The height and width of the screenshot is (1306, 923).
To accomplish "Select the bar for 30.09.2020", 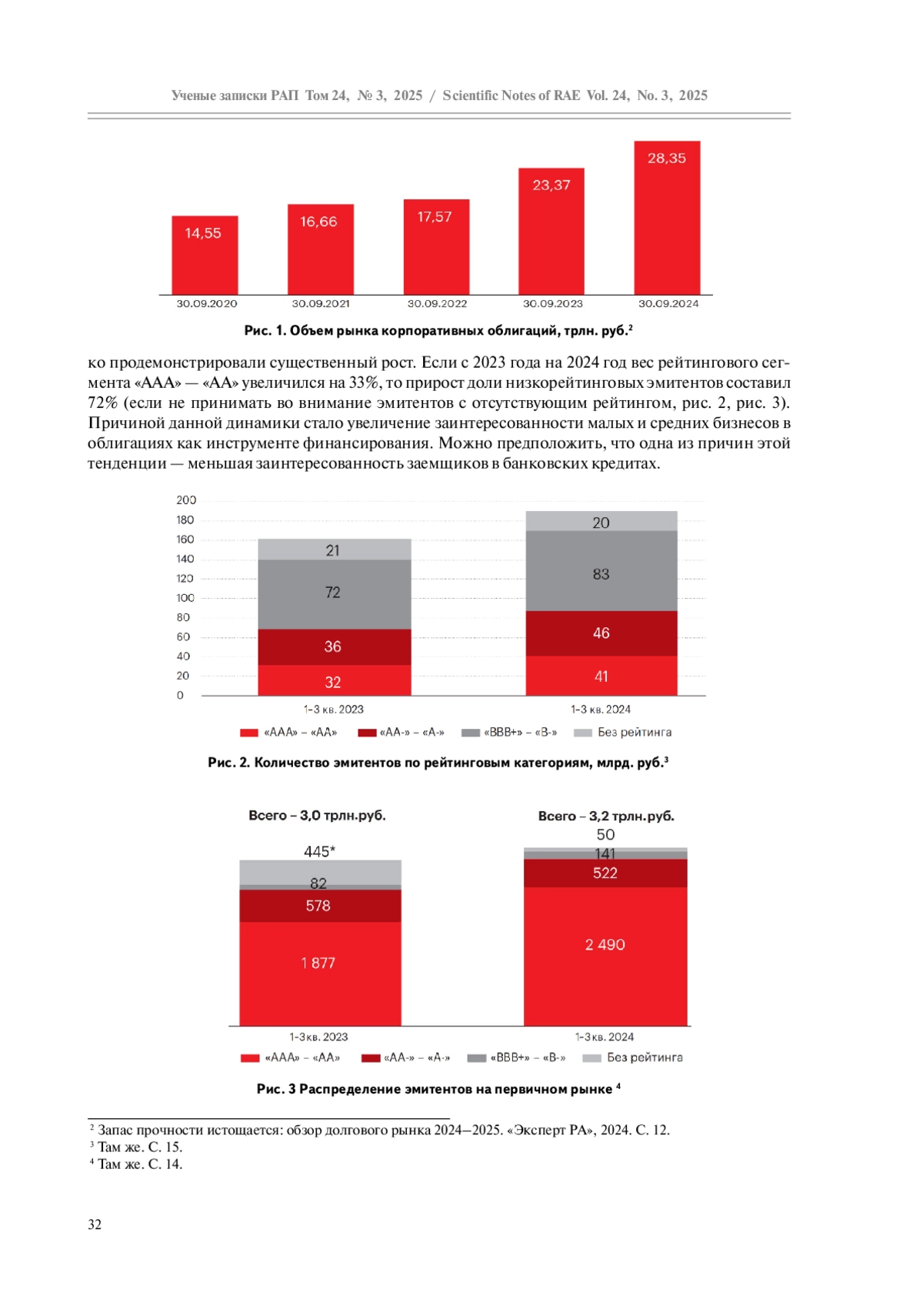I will point(205,256).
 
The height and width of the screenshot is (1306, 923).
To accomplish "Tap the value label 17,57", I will point(435,217).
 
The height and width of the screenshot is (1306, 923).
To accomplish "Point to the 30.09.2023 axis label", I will point(552,304).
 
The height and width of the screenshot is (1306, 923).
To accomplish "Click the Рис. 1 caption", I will point(438,331).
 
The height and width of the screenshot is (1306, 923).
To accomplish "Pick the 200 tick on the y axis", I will point(186,500).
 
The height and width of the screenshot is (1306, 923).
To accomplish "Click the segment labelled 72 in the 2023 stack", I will point(334,593).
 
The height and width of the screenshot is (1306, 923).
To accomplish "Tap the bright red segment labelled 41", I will point(601,676).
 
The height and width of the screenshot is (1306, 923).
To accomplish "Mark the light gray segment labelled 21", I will point(334,549).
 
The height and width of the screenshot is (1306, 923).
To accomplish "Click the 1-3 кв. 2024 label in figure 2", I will point(601,710).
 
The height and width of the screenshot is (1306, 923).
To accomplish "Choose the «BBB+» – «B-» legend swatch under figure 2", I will point(470,733).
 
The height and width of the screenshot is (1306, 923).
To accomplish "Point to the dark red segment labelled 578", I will point(319,906).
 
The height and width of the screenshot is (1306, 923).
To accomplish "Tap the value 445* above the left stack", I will point(319,851).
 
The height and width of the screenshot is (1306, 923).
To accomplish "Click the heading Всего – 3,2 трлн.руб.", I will point(606,816).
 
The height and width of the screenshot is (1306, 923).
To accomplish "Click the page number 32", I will point(95,1224).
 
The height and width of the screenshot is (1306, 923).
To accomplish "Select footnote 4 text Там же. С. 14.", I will point(139,1164).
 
